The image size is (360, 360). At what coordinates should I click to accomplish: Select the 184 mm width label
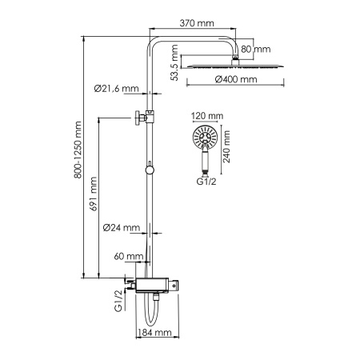click(156, 332)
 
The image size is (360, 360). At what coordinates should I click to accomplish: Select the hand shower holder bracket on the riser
click(141, 117)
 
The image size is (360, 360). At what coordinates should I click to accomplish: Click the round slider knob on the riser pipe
click(149, 169)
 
